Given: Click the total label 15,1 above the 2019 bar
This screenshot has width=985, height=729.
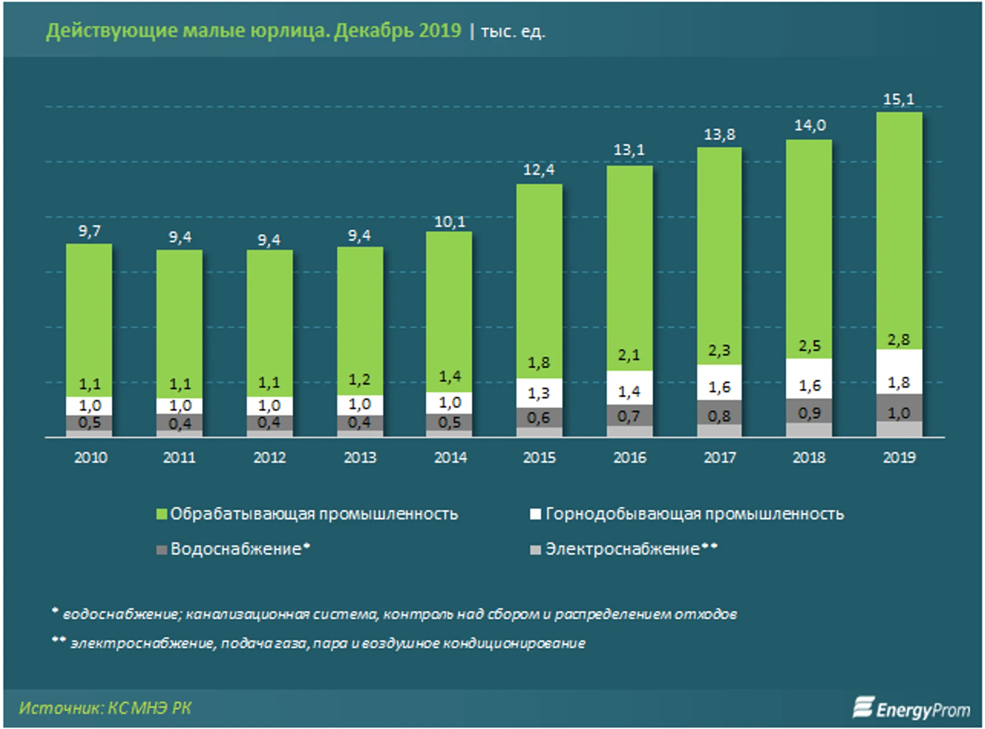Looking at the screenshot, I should (898, 99).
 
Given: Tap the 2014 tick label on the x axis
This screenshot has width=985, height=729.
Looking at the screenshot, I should (450, 457).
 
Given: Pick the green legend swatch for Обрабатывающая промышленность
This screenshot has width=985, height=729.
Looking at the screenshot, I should (161, 514).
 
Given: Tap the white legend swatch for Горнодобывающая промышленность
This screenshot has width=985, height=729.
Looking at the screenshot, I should (535, 514).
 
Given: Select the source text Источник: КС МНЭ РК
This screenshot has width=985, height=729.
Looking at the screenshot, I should (105, 708).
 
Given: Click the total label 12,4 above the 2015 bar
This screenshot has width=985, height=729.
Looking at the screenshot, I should (539, 170).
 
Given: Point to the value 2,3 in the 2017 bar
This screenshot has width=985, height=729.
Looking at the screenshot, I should (719, 350).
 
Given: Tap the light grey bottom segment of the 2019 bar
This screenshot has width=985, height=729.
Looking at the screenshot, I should (899, 429).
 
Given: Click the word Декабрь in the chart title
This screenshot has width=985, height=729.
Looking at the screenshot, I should (374, 31).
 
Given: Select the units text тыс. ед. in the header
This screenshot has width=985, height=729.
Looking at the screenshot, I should (513, 31).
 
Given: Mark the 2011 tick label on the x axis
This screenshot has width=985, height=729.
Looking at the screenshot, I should (179, 457).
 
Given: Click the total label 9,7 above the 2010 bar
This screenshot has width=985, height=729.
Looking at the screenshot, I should (89, 231).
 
